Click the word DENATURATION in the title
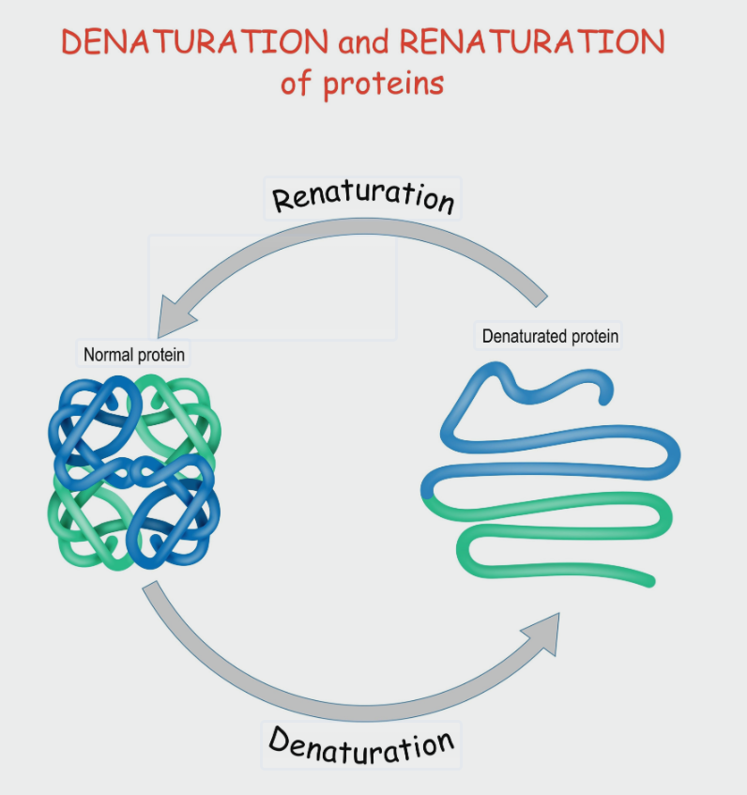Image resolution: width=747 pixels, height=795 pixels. pos(194,42)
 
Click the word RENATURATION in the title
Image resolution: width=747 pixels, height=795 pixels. pos(532,42)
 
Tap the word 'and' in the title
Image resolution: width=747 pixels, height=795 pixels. pos(363,42)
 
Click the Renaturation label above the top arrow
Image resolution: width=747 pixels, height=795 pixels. pos(363,197)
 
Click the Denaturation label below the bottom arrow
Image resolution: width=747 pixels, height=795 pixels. pos(361,743)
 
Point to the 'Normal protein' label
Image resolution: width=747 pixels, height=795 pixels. pos(134,355)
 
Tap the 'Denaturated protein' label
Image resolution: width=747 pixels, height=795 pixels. pos(550,335)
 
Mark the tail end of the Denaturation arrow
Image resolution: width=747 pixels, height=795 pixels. pos(152,590)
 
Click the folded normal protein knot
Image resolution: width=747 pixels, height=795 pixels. pos(133,471)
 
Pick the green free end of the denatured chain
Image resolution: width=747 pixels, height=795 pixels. pos(648,579)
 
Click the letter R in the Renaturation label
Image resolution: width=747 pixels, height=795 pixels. pos(284,200)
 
